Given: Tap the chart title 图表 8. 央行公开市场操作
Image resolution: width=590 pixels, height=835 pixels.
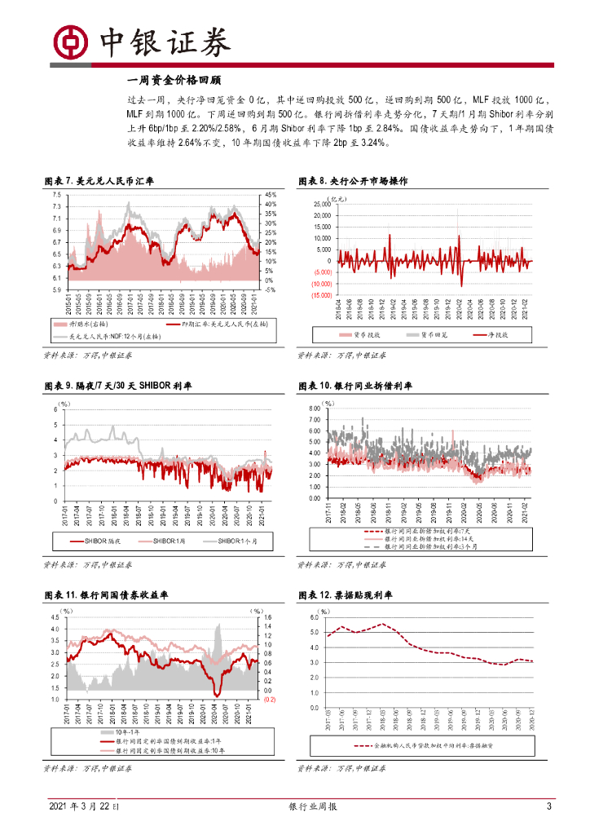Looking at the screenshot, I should (353, 180).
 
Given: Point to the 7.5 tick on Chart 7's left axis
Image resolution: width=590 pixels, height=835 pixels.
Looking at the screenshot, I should (57, 195).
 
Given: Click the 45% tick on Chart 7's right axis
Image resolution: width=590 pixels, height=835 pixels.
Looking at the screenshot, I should (271, 195).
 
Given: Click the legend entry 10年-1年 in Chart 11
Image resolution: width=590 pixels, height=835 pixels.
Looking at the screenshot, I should (110, 732).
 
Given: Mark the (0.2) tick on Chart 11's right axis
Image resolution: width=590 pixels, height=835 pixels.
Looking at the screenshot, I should (270, 699).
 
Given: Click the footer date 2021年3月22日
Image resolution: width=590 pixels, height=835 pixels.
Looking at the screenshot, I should (83, 806).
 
